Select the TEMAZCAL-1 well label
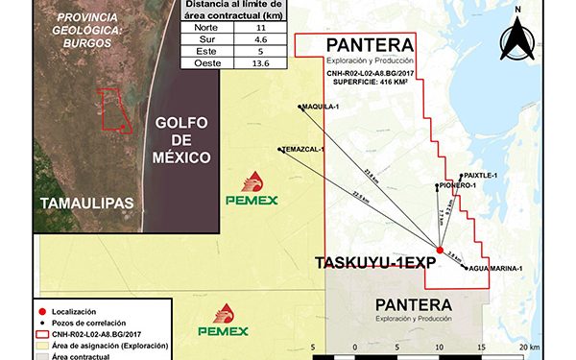(x=305, y=150)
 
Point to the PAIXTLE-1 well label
(x=479, y=176)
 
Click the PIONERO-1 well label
(x=457, y=185)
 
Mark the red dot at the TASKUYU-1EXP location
(x=440, y=251)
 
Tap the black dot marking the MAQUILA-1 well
(x=300, y=107)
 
